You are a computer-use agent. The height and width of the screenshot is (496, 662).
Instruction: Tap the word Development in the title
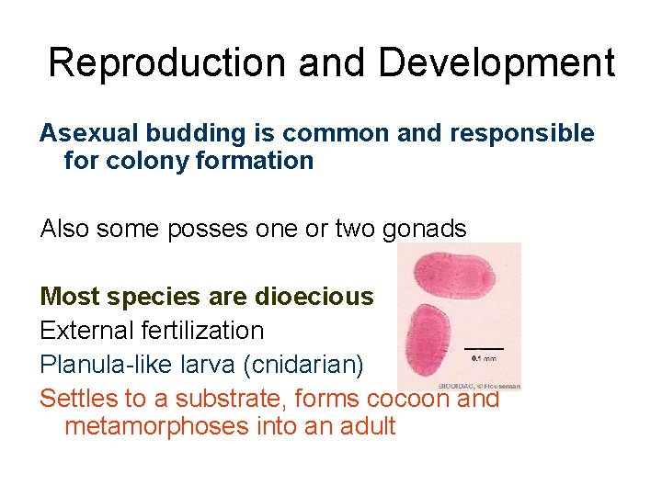click(496, 63)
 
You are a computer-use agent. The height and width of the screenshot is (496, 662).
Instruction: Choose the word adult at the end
click(364, 426)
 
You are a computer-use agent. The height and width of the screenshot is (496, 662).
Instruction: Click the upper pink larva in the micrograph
click(453, 273)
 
